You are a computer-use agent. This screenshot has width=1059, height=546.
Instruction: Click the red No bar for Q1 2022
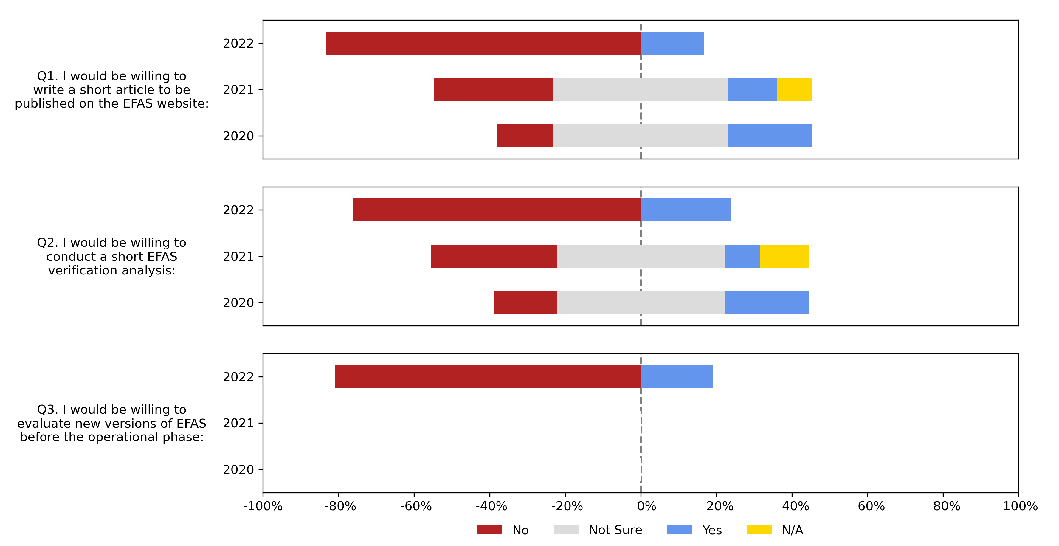[483, 43]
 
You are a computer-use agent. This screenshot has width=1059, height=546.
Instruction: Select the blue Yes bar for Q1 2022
[672, 43]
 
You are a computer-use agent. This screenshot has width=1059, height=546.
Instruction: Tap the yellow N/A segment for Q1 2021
[794, 89]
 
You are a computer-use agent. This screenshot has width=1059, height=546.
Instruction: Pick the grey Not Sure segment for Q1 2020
[640, 136]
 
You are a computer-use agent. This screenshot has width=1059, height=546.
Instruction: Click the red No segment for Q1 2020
[525, 136]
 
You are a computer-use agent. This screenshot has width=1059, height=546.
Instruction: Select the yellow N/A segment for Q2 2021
[784, 256]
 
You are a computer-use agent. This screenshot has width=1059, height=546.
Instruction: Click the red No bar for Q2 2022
[497, 210]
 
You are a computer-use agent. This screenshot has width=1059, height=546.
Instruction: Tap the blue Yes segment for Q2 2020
[766, 303]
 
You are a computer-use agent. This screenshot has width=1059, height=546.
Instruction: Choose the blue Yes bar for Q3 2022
[676, 377]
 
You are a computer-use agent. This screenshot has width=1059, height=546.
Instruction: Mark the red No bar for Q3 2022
[488, 377]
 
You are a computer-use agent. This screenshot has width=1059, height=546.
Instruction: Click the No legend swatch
[490, 530]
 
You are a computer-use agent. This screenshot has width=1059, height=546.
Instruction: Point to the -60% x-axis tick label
[415, 506]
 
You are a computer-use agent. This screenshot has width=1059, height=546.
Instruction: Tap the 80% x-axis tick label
[946, 506]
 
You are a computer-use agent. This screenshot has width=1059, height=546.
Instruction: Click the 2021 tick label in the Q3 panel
[238, 423]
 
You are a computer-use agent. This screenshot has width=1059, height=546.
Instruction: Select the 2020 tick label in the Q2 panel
[238, 303]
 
